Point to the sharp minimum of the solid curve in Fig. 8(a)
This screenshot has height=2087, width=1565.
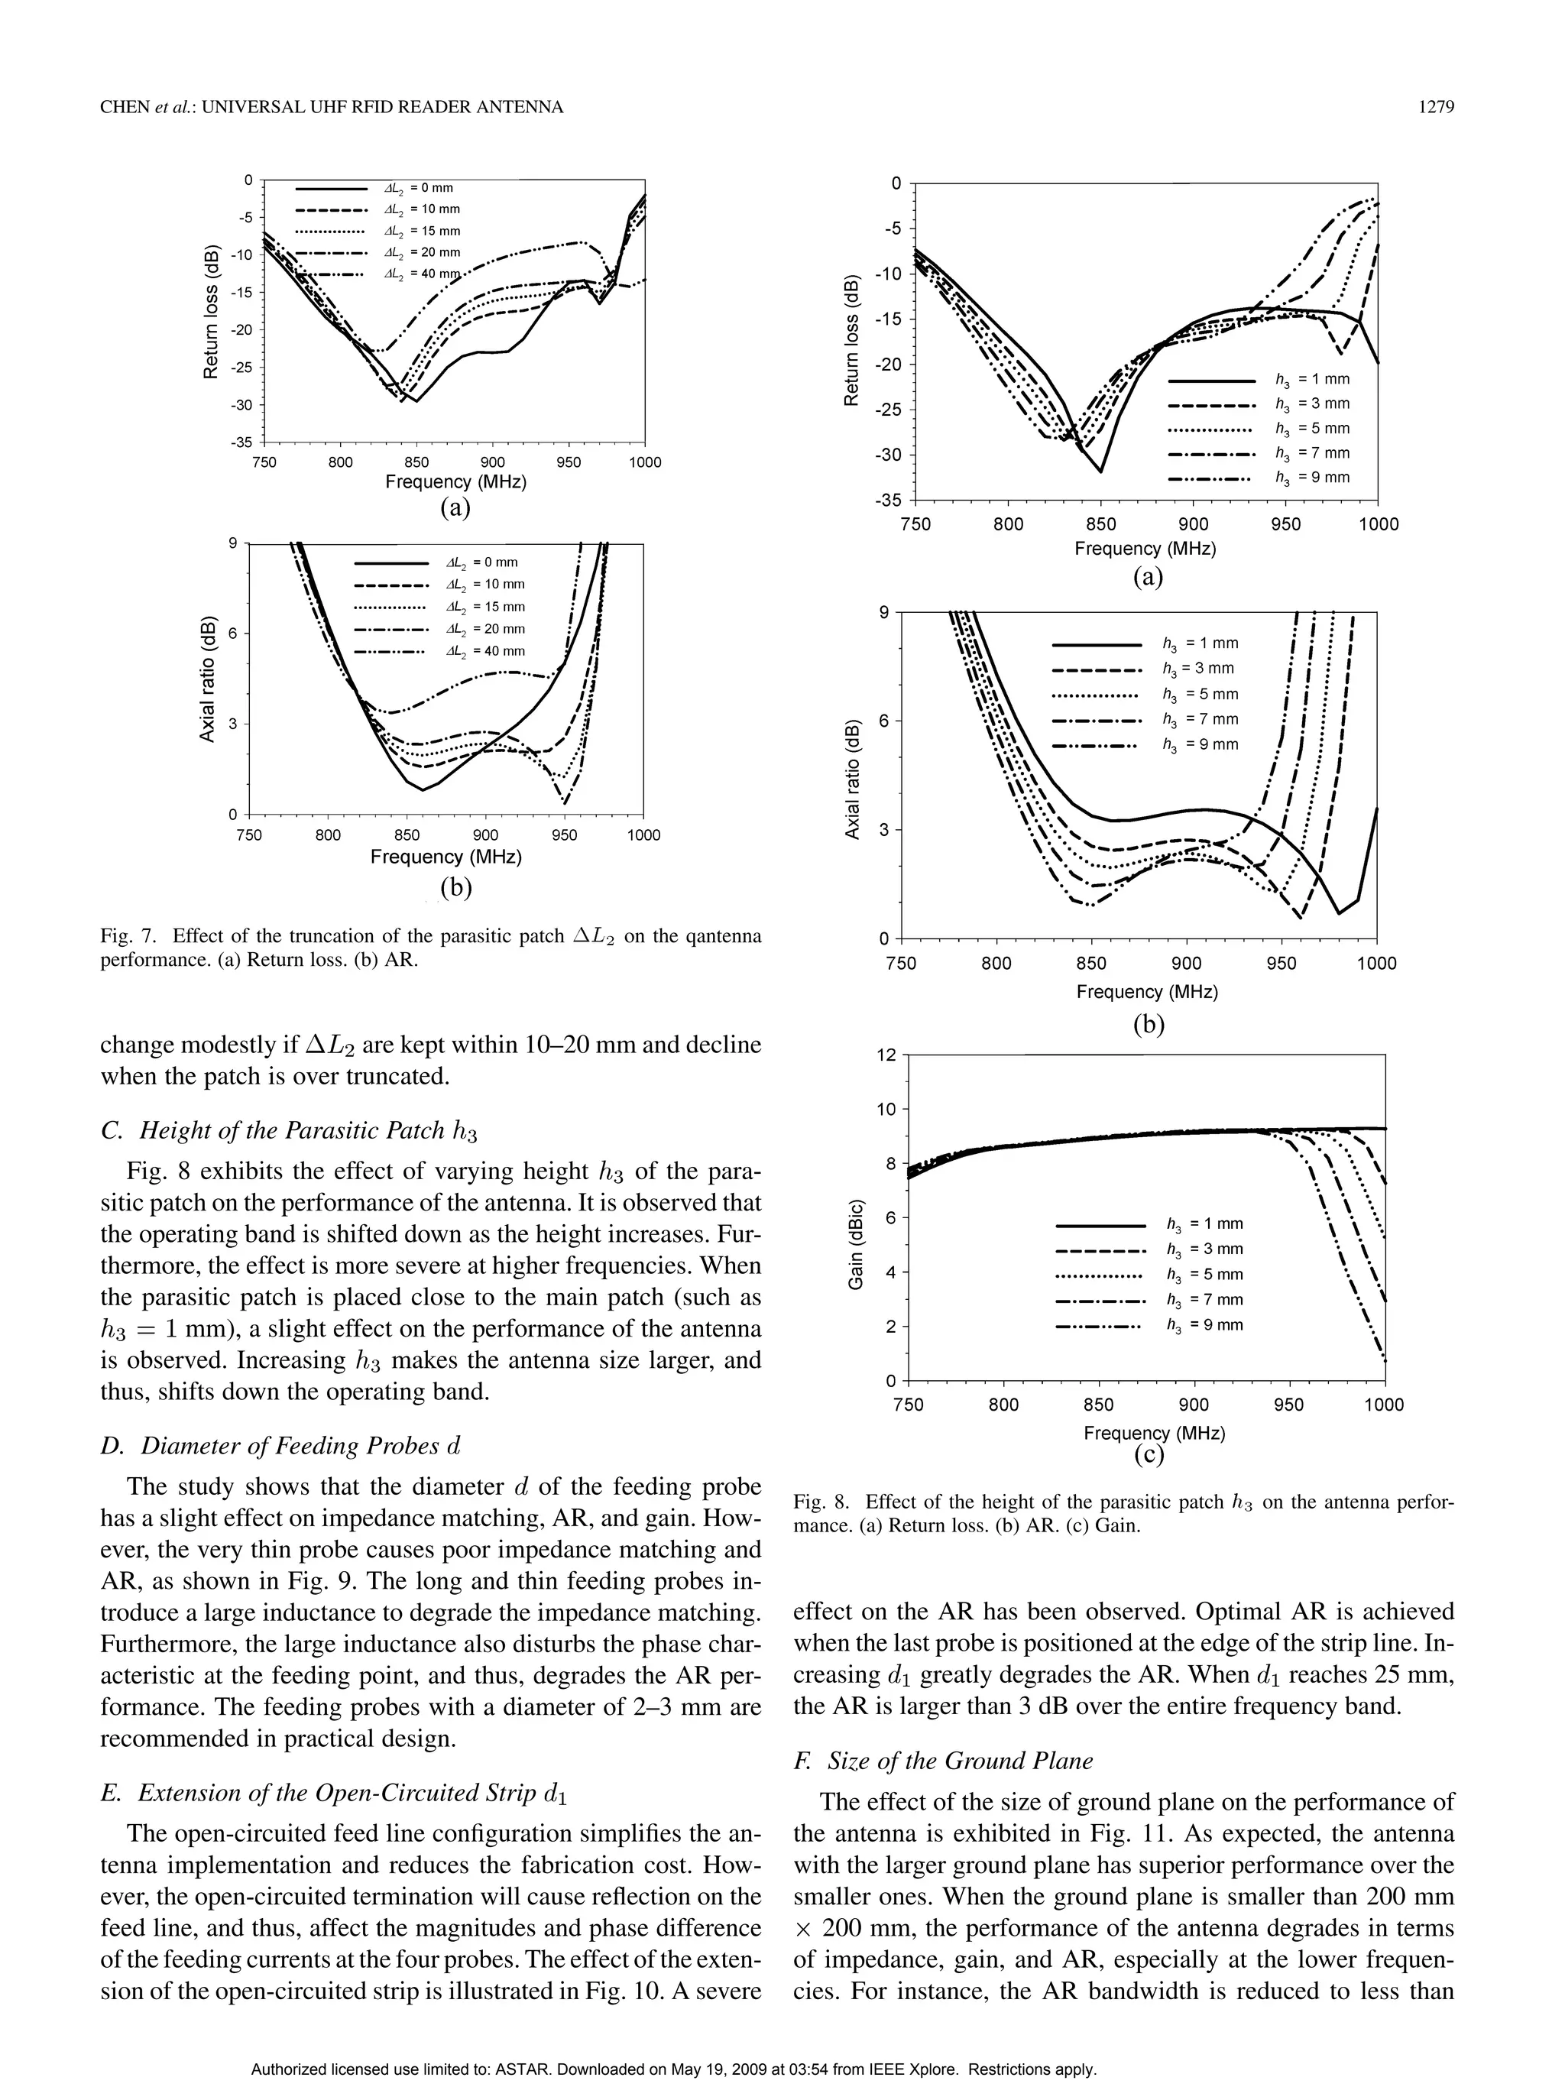(x=1100, y=471)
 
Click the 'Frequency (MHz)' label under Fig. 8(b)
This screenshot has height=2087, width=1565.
(x=1147, y=992)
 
